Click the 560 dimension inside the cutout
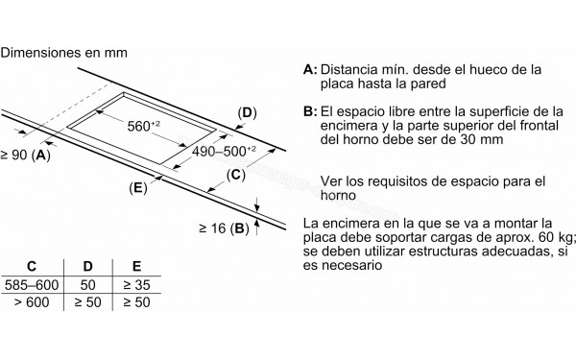[146, 126]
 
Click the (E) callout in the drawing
[138, 188]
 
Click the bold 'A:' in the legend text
[309, 70]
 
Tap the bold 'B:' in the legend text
[309, 112]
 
